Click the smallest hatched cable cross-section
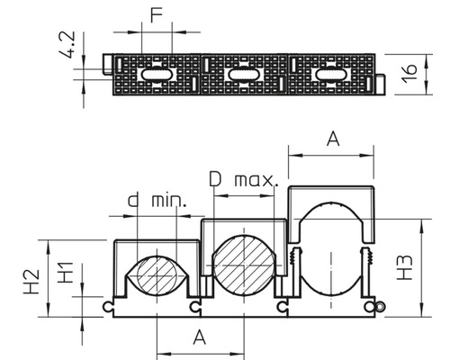point(157,274)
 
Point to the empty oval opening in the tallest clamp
point(331,256)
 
